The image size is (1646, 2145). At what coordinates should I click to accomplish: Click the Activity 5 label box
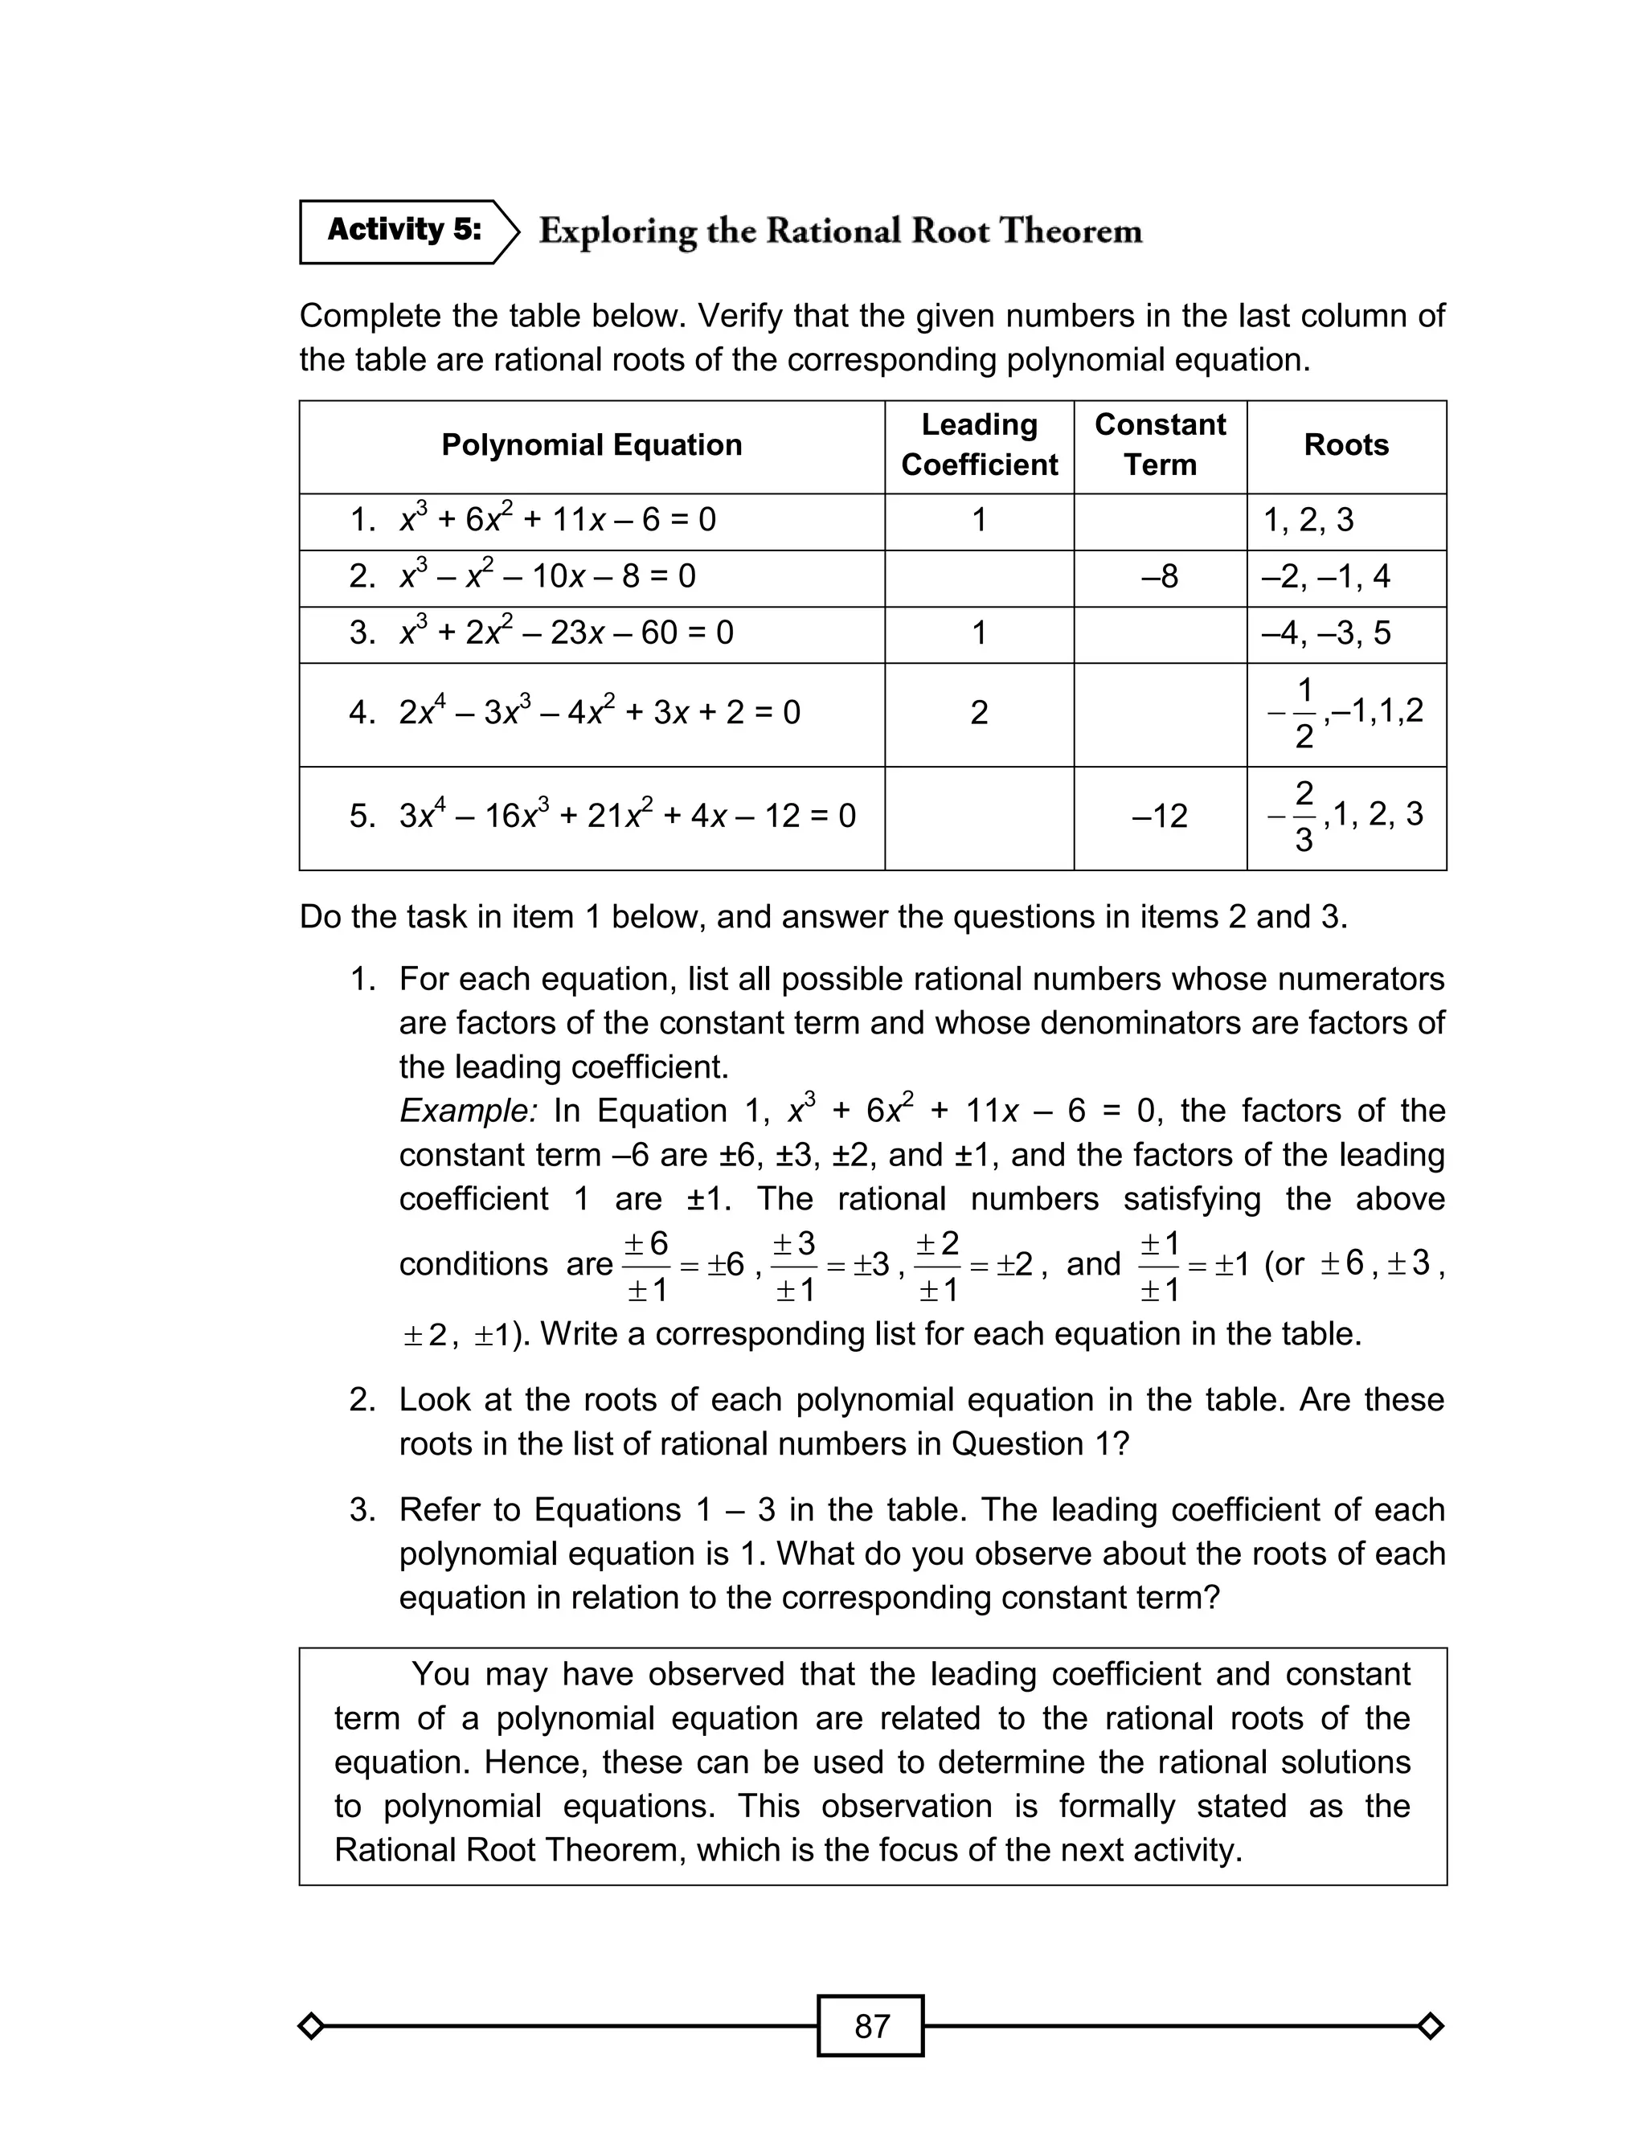click(403, 231)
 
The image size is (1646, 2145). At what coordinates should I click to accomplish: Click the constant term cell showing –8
click(1159, 577)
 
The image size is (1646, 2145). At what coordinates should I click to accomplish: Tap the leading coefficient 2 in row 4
click(979, 713)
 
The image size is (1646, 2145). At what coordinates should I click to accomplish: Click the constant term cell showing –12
click(1159, 816)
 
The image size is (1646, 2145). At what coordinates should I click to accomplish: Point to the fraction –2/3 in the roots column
click(1296, 816)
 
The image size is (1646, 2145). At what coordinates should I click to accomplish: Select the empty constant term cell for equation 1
click(1159, 520)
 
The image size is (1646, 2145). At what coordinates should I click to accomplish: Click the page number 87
click(870, 2025)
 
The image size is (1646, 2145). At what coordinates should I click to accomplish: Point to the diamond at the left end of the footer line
click(310, 2025)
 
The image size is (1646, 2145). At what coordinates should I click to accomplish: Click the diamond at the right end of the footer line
click(1430, 2025)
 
